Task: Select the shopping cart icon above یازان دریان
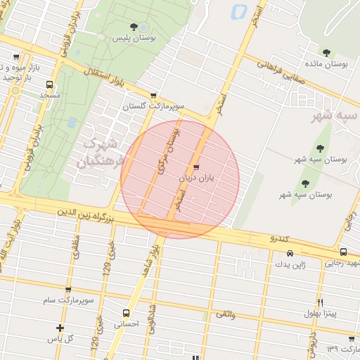pyautogui.click(x=196, y=167)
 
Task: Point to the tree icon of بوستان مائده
pyautogui.click(x=326, y=52)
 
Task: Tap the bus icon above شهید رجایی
pyautogui.click(x=342, y=252)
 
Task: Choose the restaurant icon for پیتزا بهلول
pyautogui.click(x=321, y=302)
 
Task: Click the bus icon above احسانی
pyautogui.click(x=126, y=313)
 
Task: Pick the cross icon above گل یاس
pyautogui.click(x=60, y=328)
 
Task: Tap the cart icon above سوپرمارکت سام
pyautogui.click(x=67, y=290)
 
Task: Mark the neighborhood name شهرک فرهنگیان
pyautogui.click(x=98, y=153)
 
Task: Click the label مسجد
pyautogui.click(x=49, y=94)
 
